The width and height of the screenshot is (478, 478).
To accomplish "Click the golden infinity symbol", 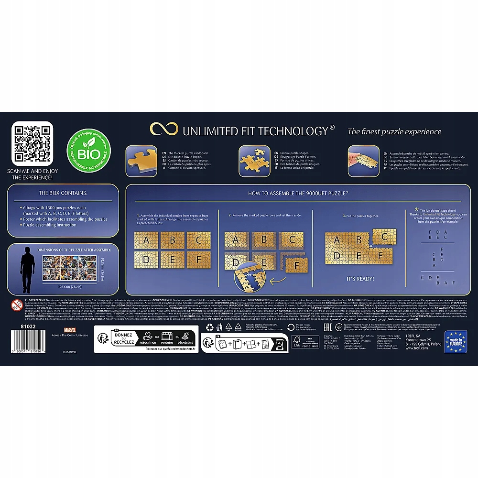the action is point(163,130).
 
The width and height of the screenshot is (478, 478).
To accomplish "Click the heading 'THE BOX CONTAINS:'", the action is point(63,193).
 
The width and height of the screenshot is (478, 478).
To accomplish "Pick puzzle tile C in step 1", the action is point(199,239).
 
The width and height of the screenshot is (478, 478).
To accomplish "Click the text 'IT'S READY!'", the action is point(360,278).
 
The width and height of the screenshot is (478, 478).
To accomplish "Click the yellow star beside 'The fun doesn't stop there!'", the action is point(416,209).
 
